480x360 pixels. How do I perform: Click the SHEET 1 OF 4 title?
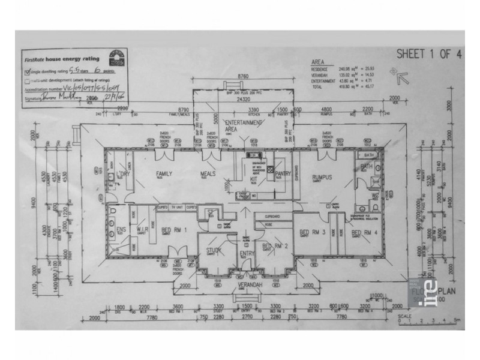pyautogui.click(x=428, y=54)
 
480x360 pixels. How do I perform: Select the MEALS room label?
pyautogui.click(x=208, y=174)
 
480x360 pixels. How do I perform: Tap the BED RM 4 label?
pyautogui.click(x=363, y=232)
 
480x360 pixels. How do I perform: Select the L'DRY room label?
pyautogui.click(x=124, y=174)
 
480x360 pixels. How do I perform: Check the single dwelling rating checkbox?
pyautogui.click(x=28, y=71)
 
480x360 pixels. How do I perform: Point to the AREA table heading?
pyautogui.click(x=317, y=61)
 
